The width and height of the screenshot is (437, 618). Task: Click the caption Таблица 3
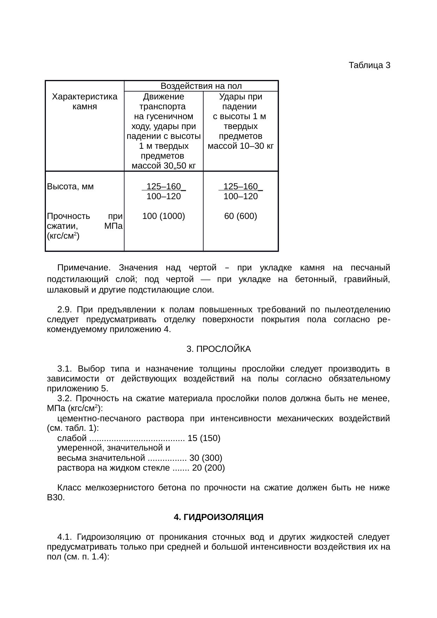click(369, 65)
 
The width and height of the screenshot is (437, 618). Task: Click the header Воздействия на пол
click(201, 86)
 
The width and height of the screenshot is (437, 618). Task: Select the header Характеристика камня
click(85, 101)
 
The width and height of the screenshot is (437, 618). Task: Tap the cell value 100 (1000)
click(164, 216)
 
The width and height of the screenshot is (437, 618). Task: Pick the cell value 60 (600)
click(240, 216)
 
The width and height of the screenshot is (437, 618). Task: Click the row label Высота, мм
click(70, 186)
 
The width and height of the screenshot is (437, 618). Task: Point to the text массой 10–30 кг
click(240, 146)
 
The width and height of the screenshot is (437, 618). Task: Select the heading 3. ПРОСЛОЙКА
click(218, 349)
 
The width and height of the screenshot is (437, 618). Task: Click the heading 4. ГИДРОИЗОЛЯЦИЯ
click(218, 517)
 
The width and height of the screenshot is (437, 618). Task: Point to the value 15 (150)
click(204, 438)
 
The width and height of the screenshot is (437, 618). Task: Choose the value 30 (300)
click(206, 458)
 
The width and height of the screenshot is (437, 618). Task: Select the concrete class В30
click(56, 498)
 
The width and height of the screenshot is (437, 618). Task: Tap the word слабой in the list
click(72, 438)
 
